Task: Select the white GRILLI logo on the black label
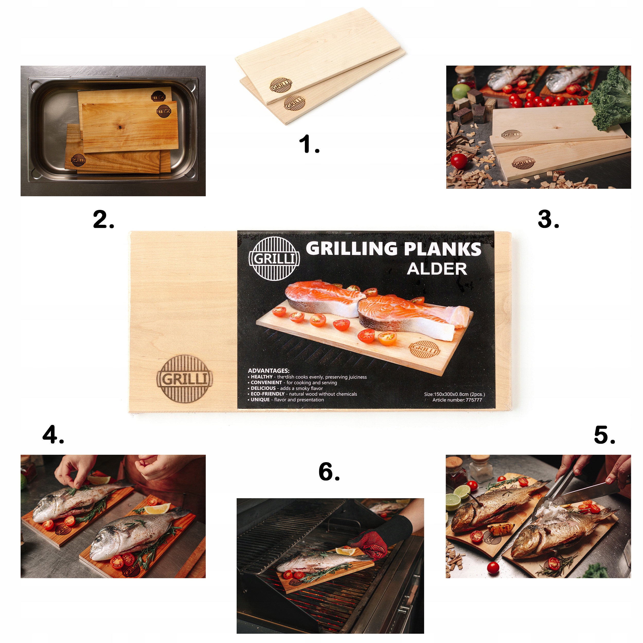(x=274, y=258)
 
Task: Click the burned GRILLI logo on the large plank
(x=184, y=379)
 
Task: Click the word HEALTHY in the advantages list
(x=262, y=377)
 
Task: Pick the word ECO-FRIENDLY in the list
(x=267, y=394)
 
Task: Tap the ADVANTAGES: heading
(x=269, y=370)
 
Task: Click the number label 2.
(x=103, y=219)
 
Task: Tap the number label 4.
(x=53, y=434)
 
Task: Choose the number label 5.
(x=605, y=435)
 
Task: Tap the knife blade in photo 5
(x=592, y=489)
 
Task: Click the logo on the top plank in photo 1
(x=281, y=85)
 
